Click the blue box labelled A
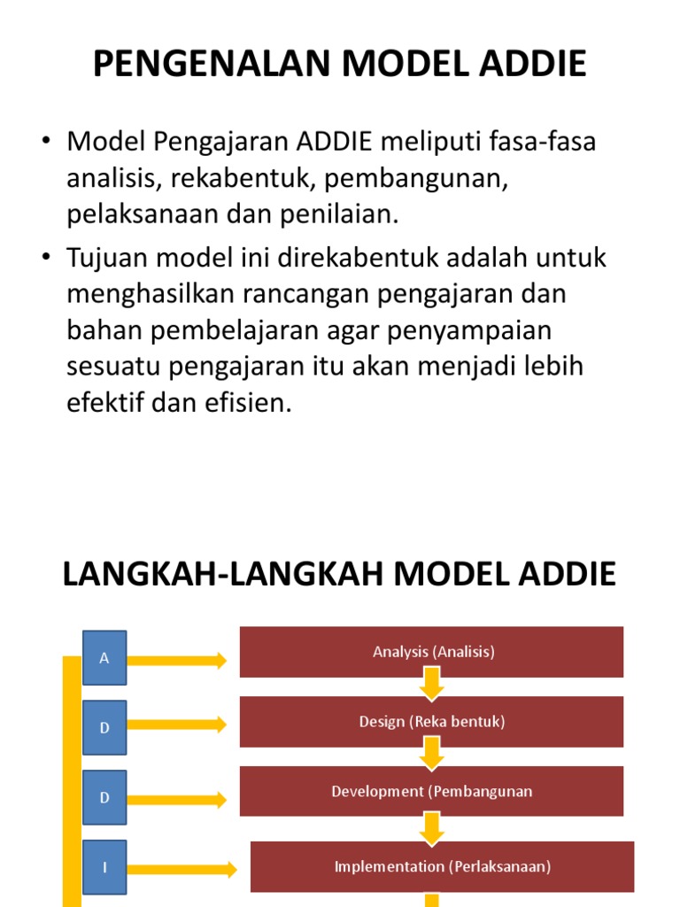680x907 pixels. click(104, 658)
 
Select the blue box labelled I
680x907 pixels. click(104, 867)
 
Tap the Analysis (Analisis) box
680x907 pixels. click(432, 652)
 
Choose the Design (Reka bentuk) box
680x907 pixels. click(432, 722)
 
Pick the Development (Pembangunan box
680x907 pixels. click(432, 791)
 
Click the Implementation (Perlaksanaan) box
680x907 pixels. click(443, 866)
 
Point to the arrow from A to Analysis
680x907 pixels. click(177, 660)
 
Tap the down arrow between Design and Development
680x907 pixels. click(432, 754)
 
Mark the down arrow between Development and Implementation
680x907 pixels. click(432, 828)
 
